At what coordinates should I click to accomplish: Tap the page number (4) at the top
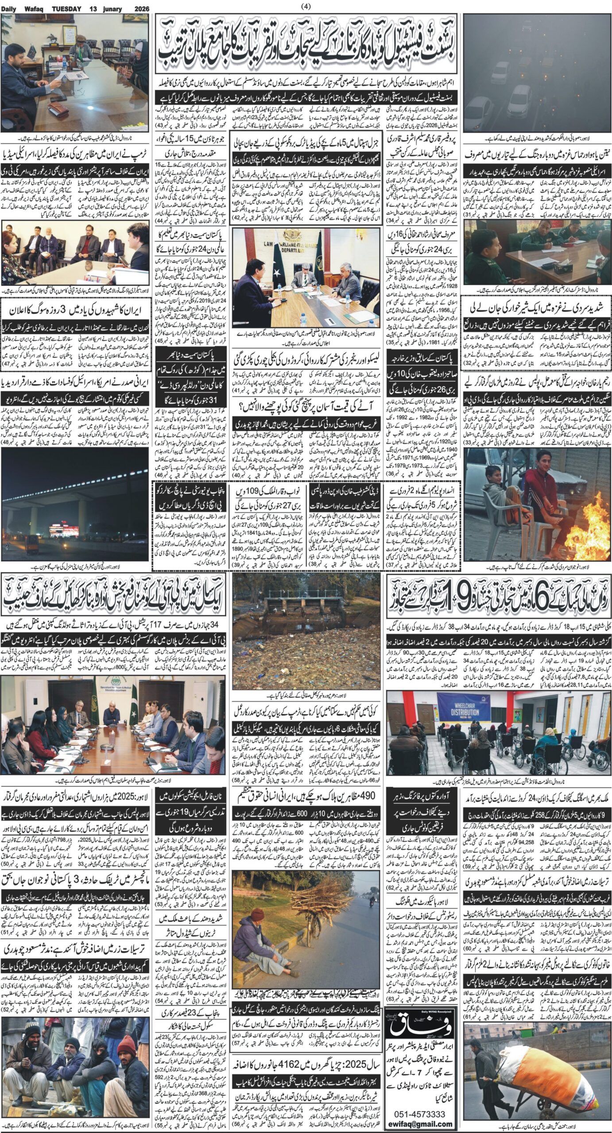coord(306,6)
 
